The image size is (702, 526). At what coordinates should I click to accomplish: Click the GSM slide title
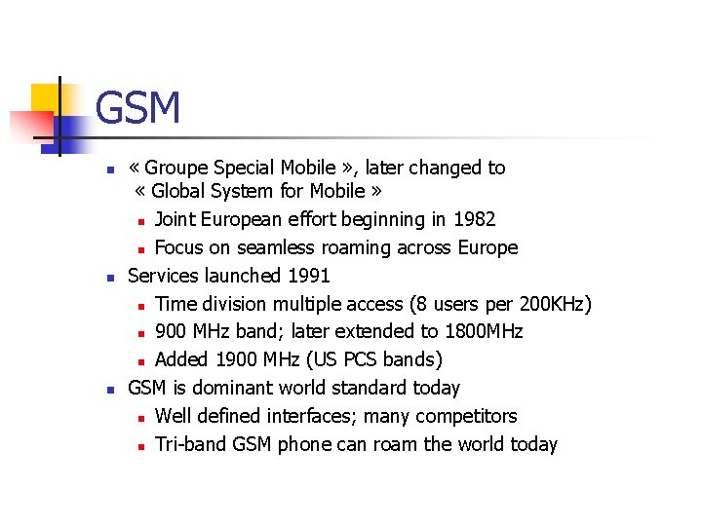tap(138, 108)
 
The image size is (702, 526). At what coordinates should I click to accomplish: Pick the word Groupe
tap(178, 168)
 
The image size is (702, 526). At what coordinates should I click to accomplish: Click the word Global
tap(176, 191)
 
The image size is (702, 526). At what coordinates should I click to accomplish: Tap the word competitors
tap(466, 416)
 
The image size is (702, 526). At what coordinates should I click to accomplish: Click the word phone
tap(304, 444)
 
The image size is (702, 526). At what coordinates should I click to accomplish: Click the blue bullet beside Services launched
tap(110, 278)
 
